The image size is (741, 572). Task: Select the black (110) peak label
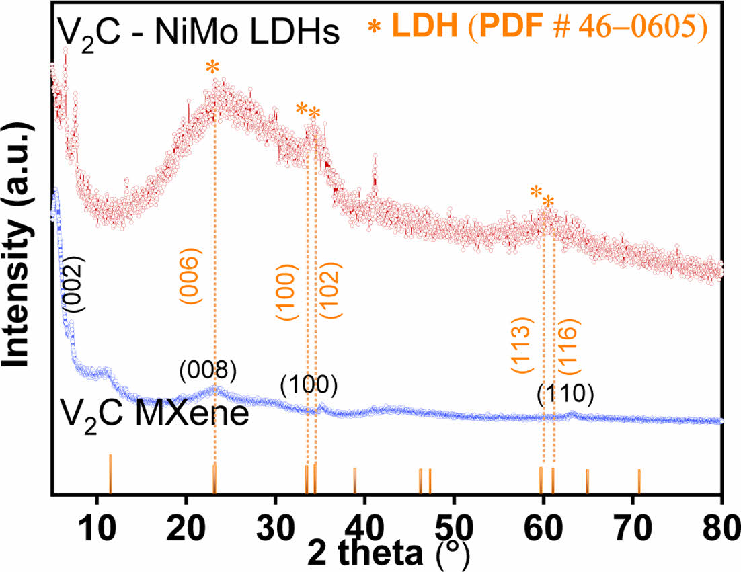[x=565, y=395]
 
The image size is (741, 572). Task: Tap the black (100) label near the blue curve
[x=309, y=385]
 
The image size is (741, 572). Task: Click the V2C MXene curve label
[x=155, y=411]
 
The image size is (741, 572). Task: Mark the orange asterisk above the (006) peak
[x=212, y=68]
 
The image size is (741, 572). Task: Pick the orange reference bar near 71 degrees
[x=639, y=481]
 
